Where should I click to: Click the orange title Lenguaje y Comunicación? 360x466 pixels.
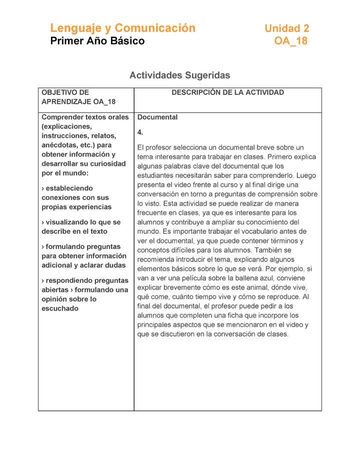(x=122, y=28)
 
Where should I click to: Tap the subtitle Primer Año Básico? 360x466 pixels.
(x=97, y=41)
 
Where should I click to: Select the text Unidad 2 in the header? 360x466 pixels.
(x=287, y=28)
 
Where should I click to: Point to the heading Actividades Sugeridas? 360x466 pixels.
(x=179, y=75)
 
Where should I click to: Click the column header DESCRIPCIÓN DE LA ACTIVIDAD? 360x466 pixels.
(x=227, y=92)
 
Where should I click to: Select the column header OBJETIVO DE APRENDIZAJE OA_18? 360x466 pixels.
(x=78, y=97)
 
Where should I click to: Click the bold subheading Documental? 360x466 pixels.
(x=157, y=117)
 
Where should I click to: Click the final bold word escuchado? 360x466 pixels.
(x=60, y=308)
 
